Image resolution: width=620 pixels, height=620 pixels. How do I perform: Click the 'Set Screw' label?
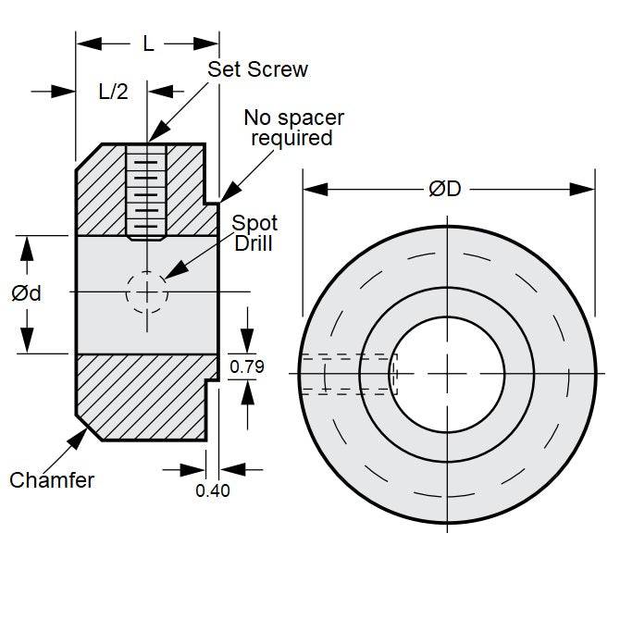(257, 69)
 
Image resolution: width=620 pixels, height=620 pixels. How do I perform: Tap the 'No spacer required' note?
(293, 128)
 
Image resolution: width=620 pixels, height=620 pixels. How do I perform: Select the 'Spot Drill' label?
(254, 233)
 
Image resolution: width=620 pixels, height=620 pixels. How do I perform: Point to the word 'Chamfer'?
(52, 480)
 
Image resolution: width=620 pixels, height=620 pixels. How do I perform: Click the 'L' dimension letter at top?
(148, 43)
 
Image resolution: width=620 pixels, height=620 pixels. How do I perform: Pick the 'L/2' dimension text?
(113, 91)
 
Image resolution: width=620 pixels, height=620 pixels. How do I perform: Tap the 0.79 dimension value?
(247, 366)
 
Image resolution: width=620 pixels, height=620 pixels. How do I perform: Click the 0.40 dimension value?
(213, 491)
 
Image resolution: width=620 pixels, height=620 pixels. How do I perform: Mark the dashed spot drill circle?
(147, 292)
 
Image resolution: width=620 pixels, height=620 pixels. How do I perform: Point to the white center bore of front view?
(447, 373)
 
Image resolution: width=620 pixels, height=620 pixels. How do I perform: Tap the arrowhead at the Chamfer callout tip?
(79, 435)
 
